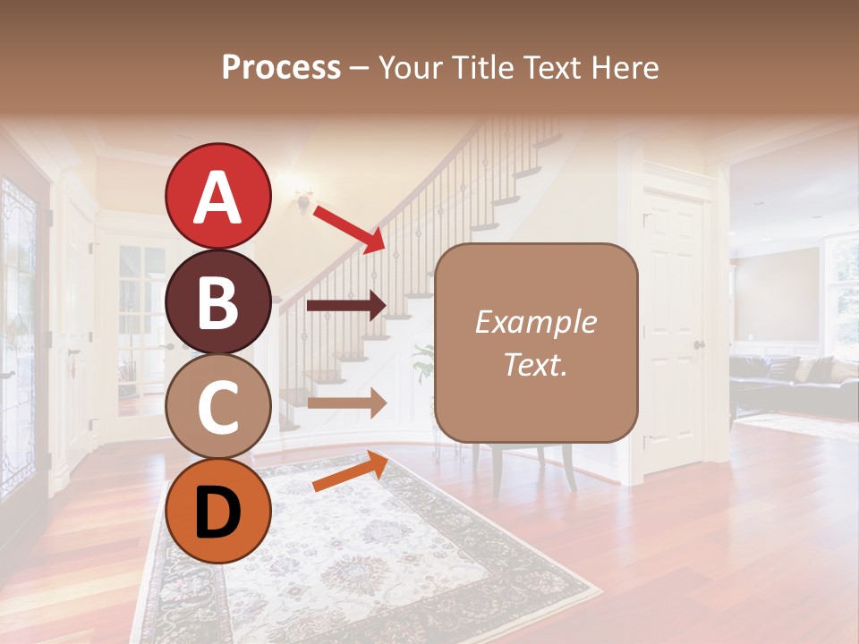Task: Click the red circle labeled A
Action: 217,197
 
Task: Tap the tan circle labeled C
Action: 217,406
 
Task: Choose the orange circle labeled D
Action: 217,511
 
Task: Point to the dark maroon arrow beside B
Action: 346,306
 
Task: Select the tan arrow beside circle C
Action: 346,402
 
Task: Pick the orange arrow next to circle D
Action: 350,471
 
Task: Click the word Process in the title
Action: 281,67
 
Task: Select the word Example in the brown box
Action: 535,322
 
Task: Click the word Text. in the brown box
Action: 535,364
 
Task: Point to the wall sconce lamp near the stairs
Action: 304,200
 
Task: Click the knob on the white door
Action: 699,344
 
